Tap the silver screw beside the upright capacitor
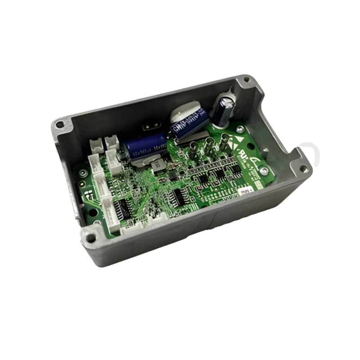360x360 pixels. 240,130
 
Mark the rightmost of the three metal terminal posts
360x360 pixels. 225,138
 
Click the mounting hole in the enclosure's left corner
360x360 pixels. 59,123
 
